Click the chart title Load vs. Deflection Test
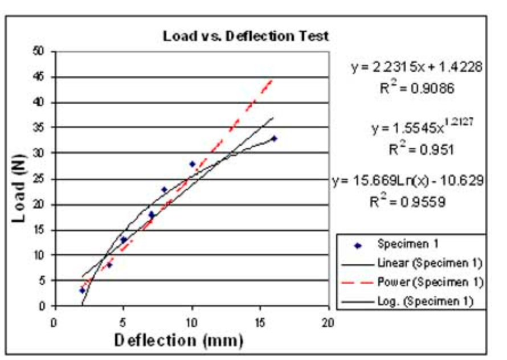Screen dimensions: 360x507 (246, 36)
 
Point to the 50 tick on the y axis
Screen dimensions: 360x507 (39, 51)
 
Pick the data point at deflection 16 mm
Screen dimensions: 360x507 (274, 138)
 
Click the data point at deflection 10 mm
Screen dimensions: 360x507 (193, 164)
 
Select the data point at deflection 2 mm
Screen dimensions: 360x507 (82, 290)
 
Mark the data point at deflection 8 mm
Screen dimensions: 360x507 (165, 189)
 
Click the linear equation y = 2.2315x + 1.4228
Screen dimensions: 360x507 (417, 67)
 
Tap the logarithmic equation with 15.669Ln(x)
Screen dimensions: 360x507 (408, 181)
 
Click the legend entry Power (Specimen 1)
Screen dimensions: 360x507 (430, 282)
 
